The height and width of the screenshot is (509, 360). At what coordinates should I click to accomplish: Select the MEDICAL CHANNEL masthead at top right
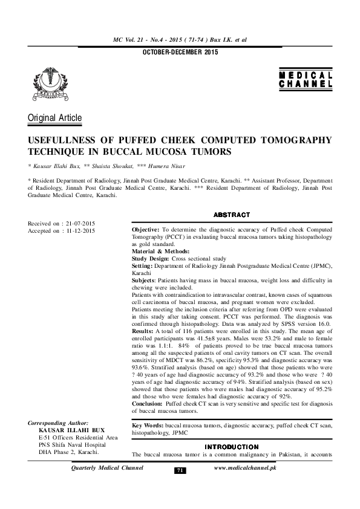coord(306,80)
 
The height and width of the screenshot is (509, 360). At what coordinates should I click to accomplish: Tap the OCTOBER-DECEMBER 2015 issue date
coord(180,53)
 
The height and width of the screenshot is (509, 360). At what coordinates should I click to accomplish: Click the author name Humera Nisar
coord(165,166)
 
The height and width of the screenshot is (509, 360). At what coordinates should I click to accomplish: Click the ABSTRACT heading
coord(231,215)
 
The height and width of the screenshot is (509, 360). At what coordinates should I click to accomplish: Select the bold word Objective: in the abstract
coord(145,231)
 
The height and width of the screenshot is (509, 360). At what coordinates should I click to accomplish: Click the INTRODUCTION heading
coord(231,447)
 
